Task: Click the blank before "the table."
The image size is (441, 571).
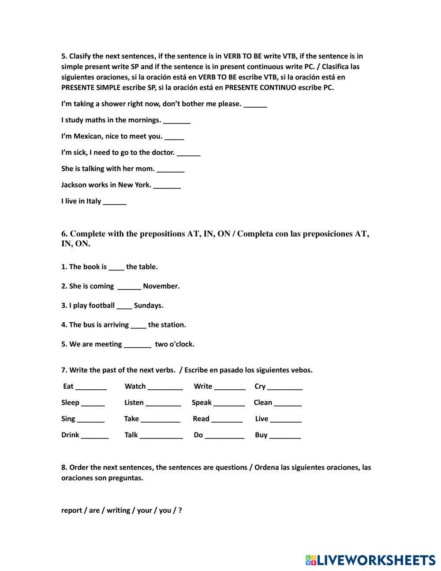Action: (116, 267)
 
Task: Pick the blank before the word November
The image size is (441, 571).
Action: (129, 287)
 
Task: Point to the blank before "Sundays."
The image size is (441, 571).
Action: (124, 306)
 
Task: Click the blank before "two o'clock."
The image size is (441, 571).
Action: (138, 345)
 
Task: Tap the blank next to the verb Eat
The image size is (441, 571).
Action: (91, 387)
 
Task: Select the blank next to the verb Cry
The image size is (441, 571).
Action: (285, 387)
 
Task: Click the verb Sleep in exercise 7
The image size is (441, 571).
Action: (70, 402)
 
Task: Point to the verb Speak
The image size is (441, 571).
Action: (202, 402)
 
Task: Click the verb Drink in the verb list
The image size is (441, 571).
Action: (70, 435)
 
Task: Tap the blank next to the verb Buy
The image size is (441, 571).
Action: (285, 436)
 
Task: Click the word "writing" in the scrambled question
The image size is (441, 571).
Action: (118, 511)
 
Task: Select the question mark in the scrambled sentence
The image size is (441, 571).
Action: (180, 510)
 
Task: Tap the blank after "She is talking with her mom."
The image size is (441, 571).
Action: (170, 169)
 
